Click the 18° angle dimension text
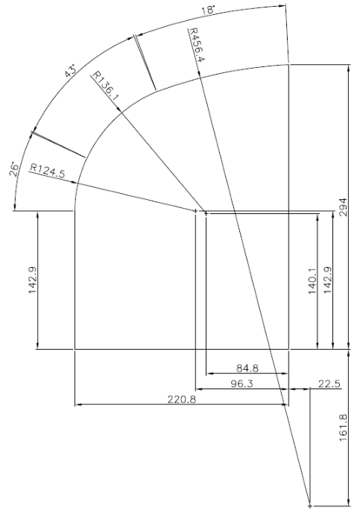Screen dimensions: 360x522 [x=208, y=10]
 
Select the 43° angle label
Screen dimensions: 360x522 [x=70, y=71]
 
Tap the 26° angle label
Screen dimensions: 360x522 [x=14, y=169]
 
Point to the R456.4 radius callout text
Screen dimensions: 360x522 [x=197, y=45]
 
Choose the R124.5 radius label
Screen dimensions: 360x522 [x=48, y=171]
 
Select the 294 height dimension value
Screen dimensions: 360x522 [x=343, y=207]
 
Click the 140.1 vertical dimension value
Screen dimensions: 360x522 [x=313, y=280]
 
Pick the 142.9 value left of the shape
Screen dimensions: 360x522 [x=32, y=280]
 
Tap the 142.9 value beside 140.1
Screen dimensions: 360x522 [x=328, y=280]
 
